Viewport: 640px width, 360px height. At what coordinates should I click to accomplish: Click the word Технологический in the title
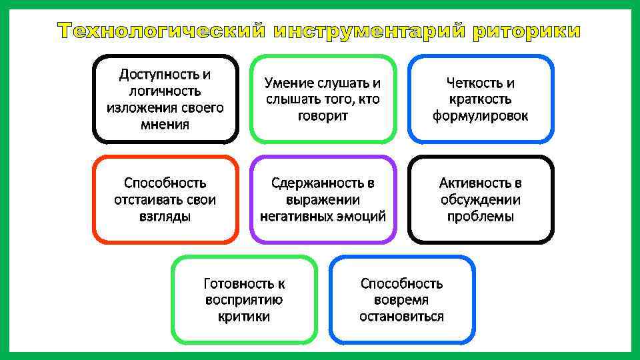tap(161, 31)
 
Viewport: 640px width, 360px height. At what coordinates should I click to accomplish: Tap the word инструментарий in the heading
tap(371, 31)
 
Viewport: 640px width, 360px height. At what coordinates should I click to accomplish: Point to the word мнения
tap(165, 125)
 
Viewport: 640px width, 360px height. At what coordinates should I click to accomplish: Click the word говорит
tap(323, 116)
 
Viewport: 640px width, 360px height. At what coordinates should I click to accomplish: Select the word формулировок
tap(480, 116)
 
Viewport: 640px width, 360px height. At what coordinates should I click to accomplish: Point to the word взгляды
tap(165, 216)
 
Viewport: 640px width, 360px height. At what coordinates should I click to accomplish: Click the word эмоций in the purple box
tap(362, 216)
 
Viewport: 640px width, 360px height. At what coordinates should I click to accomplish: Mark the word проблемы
tap(480, 216)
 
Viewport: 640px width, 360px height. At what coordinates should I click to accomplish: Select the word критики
tap(244, 317)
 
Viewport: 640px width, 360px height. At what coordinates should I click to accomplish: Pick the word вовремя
tap(401, 300)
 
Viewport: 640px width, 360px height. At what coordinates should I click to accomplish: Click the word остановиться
tap(401, 317)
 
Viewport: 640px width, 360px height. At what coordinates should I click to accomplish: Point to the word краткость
tap(480, 99)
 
